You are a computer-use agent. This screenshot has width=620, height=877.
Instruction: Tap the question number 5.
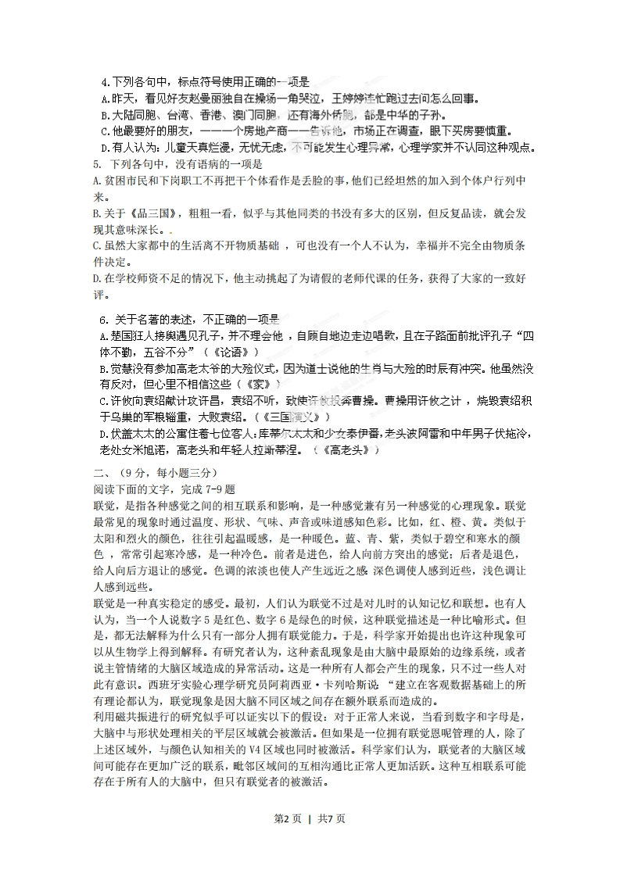click(95, 164)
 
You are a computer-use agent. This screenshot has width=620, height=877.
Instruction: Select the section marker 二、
click(100, 473)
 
